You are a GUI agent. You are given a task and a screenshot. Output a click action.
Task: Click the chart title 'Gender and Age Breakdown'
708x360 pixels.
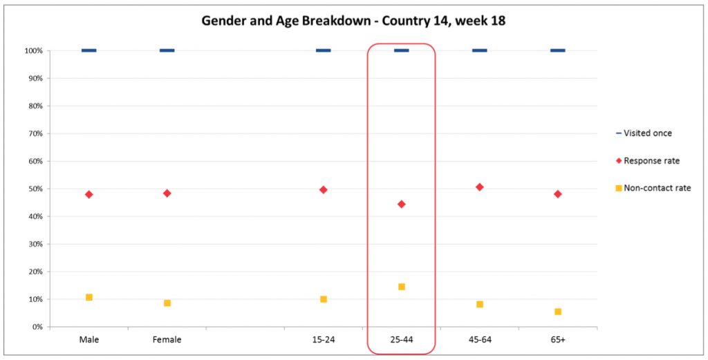(x=353, y=21)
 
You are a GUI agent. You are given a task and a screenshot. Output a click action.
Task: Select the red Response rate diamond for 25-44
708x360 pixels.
(x=401, y=204)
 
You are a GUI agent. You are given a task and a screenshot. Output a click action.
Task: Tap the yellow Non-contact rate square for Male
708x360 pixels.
(x=89, y=297)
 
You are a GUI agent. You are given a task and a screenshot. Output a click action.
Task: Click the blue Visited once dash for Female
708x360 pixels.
(x=167, y=50)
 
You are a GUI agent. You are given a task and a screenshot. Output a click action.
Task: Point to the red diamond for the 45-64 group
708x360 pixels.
(x=479, y=187)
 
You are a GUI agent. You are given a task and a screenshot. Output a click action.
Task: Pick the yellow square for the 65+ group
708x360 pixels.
(x=557, y=312)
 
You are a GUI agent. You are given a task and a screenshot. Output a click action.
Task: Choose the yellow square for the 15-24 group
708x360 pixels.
(x=324, y=299)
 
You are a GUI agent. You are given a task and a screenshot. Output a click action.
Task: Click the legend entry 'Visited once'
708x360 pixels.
(x=647, y=133)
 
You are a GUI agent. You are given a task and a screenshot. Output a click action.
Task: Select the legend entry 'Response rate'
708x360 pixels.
(x=651, y=160)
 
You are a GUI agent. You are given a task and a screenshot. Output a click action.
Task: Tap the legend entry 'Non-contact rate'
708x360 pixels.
(x=656, y=188)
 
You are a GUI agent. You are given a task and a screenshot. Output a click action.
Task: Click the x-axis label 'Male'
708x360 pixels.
(x=89, y=340)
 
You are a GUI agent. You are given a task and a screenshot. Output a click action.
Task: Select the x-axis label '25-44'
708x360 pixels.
(x=401, y=340)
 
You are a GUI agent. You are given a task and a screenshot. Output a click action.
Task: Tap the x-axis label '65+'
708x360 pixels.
(x=557, y=340)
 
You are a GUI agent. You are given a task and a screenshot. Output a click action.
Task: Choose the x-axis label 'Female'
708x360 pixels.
(x=167, y=340)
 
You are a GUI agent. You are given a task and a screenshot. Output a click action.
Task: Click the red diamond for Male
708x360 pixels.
(x=89, y=194)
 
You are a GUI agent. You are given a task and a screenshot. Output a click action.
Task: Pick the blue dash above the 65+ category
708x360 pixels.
(x=557, y=50)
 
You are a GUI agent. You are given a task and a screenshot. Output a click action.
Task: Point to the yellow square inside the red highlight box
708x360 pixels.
(x=401, y=287)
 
